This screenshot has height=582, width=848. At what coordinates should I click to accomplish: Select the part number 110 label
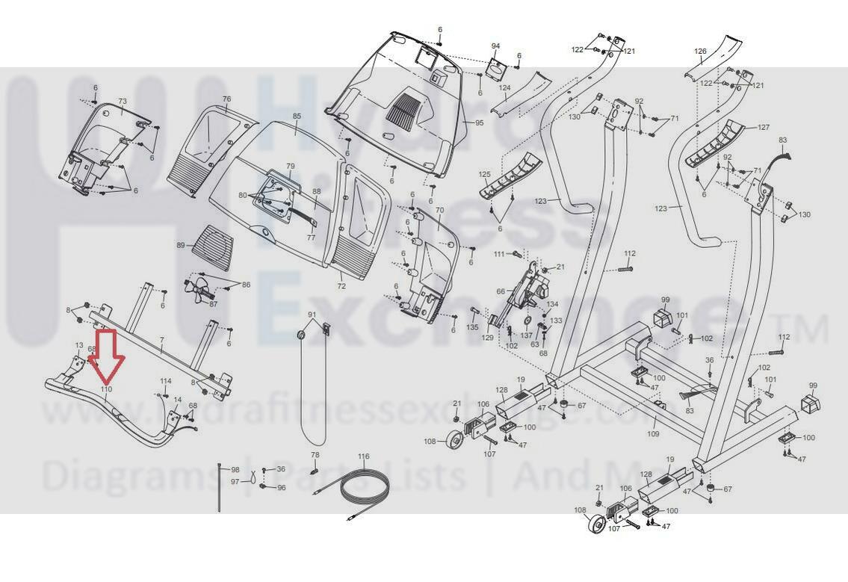tap(106, 389)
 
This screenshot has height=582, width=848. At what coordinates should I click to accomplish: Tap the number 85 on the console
tap(297, 117)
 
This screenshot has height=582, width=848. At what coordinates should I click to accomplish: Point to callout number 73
tap(123, 101)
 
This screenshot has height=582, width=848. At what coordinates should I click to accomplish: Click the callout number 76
tap(226, 99)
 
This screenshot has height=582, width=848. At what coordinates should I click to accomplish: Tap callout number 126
tap(700, 52)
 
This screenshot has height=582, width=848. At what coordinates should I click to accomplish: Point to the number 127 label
tap(764, 128)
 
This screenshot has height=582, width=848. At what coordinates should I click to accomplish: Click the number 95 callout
tap(480, 123)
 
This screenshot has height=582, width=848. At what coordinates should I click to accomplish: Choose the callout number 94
tap(495, 46)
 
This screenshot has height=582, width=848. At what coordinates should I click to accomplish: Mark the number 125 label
tap(484, 175)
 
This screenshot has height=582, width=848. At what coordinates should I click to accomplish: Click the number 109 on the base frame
tap(653, 433)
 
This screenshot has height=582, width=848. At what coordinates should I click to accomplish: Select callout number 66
tap(501, 291)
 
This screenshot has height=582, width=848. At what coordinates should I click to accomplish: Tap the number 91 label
tap(312, 315)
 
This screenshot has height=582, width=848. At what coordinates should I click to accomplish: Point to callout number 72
tap(341, 286)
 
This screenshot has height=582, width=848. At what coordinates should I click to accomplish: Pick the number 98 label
tap(235, 469)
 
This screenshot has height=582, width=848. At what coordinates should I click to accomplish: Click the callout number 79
tap(291, 166)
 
